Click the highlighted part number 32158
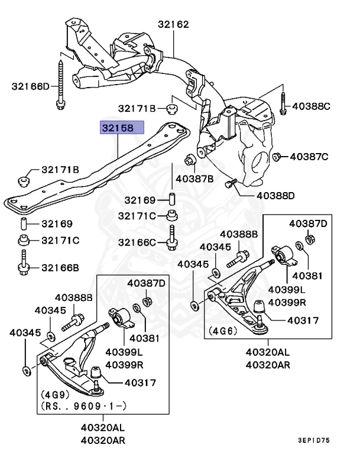[122, 127]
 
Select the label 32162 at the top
[173, 25]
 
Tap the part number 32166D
[31, 86]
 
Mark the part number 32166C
[137, 242]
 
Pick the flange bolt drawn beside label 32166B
[24, 263]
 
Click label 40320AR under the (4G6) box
[268, 365]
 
